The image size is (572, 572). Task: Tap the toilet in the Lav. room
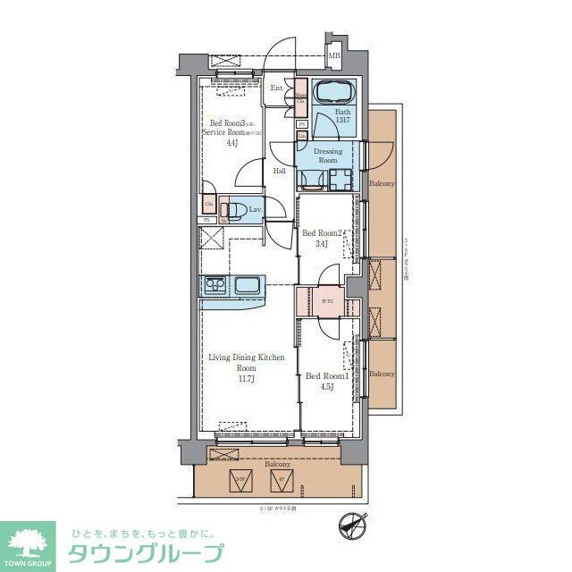[x=235, y=210]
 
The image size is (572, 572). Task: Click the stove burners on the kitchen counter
[x=215, y=286]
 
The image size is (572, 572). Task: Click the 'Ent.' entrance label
[x=277, y=88]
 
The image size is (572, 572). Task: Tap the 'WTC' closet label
[x=326, y=300]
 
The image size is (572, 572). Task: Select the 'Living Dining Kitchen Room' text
[x=247, y=362]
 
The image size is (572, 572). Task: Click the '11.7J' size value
[x=247, y=378]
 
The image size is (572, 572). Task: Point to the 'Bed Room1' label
[x=327, y=376]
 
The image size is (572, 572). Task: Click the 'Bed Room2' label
[x=322, y=233]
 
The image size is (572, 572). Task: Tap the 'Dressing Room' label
[x=327, y=156]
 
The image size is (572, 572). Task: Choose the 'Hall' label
[x=279, y=171]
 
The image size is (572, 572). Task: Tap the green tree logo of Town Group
[x=27, y=542]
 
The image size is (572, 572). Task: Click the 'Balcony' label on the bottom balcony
[x=276, y=465]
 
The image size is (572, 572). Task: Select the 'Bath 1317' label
[x=343, y=116]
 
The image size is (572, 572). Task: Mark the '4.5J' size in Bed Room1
[x=327, y=387]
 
